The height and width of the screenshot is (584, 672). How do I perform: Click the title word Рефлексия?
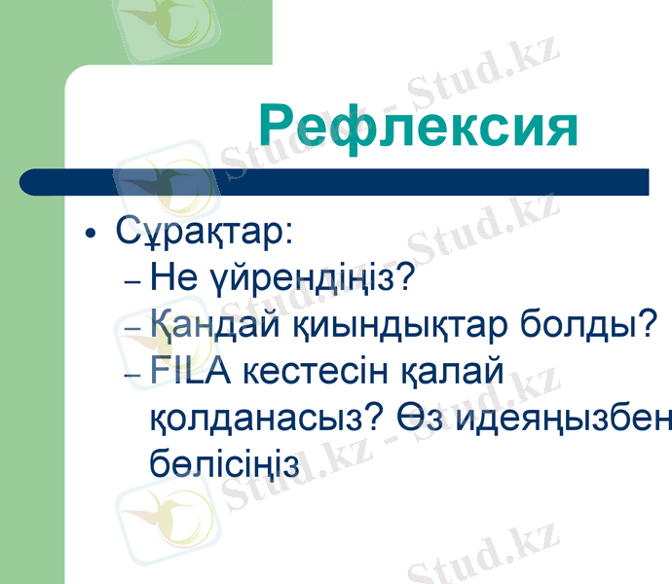419,126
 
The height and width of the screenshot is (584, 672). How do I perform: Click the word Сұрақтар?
204,234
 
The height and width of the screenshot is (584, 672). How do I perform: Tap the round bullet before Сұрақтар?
91,236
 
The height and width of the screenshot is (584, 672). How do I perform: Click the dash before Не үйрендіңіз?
134,282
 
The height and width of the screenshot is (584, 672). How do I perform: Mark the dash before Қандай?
134,328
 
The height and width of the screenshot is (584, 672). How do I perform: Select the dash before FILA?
134,374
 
